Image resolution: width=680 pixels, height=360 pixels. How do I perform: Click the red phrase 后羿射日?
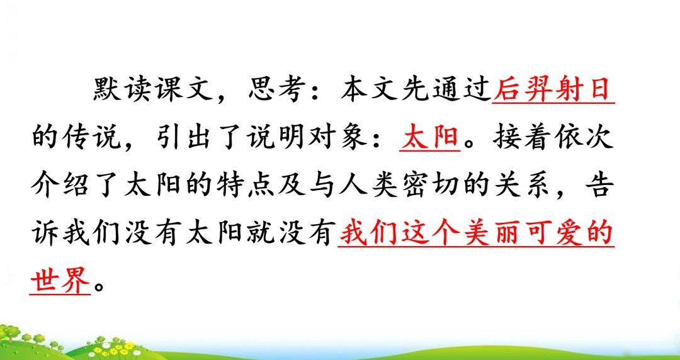pos(554,90)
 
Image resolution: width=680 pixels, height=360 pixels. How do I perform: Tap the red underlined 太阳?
pos(430,138)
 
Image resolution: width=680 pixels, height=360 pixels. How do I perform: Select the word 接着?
pos(523,138)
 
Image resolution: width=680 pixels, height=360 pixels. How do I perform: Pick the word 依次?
pos(585,138)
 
